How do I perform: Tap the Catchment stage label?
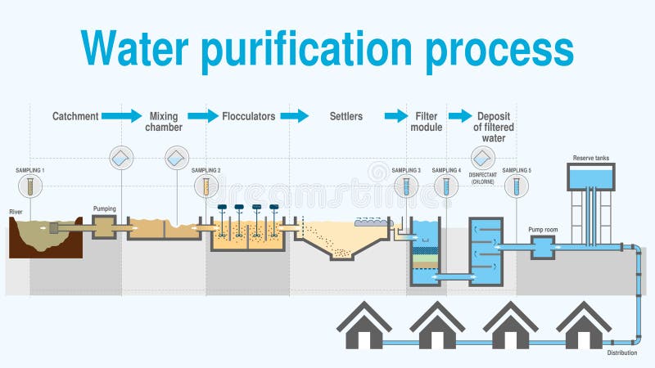pos(75,116)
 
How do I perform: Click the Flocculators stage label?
pos(248,116)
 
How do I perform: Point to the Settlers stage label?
pos(346,116)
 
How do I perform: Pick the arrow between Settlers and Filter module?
pos(395,116)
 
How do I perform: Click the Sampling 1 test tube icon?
pos(30,186)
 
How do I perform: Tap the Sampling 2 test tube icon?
pos(206,186)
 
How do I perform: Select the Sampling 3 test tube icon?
pos(405,186)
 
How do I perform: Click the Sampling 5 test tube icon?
pos(516,186)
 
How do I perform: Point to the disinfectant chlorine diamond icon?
pos(481,157)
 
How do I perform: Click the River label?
pos(16,212)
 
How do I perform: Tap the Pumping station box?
pos(105,227)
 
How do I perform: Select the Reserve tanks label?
pos(591,158)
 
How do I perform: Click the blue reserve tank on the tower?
pos(591,175)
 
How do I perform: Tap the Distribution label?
pos(622,352)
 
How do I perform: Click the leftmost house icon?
pos(364,326)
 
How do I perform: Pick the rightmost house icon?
pos(584,326)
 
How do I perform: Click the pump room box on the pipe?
pos(542,248)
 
